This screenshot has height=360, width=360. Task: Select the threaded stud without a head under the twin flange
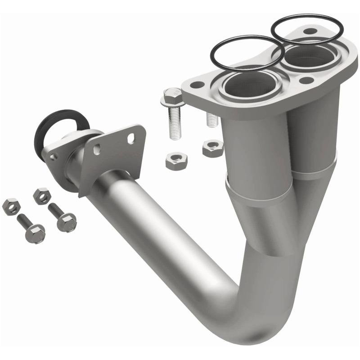tap(210, 118)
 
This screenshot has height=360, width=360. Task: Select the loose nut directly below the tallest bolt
tap(174, 161)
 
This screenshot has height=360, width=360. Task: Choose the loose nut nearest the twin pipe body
tap(212, 148)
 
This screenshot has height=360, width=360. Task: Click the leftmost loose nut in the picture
tap(11, 206)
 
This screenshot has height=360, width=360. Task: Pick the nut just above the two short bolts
tap(42, 196)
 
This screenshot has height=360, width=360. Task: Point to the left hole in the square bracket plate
tap(97, 150)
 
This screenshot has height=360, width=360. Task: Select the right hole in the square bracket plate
tap(131, 139)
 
